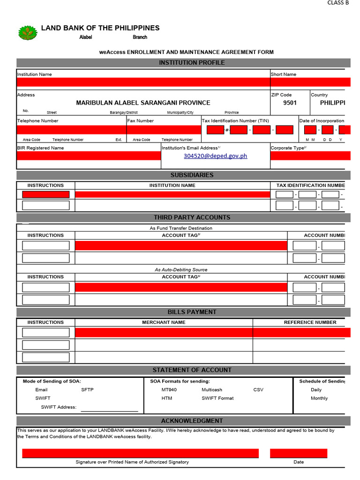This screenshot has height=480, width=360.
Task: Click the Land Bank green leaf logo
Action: tap(27, 33)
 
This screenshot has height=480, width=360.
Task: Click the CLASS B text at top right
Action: tap(337, 3)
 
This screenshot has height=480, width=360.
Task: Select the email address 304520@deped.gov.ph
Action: tap(215, 156)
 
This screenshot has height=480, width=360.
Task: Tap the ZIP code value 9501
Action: tap(290, 103)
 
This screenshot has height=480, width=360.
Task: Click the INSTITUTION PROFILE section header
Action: tap(192, 63)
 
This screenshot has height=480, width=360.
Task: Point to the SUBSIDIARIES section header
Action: tap(192, 175)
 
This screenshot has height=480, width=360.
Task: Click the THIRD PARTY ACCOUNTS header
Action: tap(192, 217)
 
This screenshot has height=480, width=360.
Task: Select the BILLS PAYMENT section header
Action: tap(192, 312)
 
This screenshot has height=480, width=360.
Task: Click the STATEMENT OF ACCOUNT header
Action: tap(192, 370)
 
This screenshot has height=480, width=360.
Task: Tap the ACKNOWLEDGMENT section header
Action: tap(192, 421)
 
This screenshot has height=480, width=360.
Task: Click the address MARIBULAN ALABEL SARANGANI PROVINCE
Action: tap(143, 103)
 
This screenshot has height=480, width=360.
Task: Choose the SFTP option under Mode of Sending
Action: tap(87, 390)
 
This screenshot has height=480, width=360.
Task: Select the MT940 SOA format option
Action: tap(169, 390)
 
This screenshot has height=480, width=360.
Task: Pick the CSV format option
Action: tap(258, 390)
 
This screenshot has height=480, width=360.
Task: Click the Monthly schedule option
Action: tap(319, 398)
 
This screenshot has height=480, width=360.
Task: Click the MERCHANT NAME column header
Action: tap(164, 322)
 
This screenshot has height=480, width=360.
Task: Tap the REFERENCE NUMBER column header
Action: tap(310, 322)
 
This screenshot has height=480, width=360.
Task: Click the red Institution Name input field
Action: tap(143, 82)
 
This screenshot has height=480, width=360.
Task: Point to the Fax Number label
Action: tap(140, 121)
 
